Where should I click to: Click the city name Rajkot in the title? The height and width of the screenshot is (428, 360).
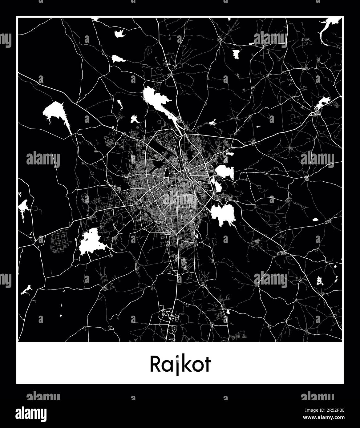180,364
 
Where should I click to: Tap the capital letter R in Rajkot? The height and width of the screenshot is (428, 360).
155,364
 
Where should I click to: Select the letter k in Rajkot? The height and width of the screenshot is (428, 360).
185,364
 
